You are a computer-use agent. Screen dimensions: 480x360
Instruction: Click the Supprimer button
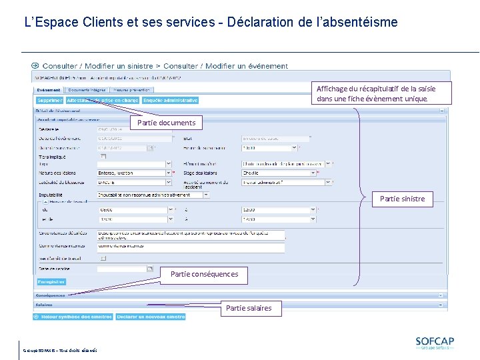pos(49,100)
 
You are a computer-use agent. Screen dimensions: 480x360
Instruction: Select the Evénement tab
pos(49,89)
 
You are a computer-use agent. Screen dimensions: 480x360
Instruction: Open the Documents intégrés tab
pos(87,89)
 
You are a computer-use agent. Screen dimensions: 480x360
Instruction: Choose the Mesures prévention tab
pos(132,89)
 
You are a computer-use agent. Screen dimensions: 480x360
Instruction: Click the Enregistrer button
pos(51,281)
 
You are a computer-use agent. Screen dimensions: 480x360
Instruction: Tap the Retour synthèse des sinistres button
pos(73,317)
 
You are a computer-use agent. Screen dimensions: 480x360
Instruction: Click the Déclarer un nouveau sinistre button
pos(151,317)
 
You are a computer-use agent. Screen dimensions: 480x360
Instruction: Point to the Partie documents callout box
pos(166,123)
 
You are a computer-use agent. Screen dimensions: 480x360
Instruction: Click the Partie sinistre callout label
pos(402,199)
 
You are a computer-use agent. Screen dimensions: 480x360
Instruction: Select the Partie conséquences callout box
pos(204,274)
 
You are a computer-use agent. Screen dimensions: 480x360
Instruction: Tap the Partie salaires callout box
pos(249,308)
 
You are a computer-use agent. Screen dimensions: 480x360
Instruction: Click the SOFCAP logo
pos(434,343)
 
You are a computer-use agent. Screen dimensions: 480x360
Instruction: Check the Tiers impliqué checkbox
pos(103,156)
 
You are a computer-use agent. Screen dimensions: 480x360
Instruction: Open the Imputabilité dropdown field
pos(153,195)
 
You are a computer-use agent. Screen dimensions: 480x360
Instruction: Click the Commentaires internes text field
pos(191,246)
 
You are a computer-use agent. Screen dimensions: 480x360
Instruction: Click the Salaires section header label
pos(44,305)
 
